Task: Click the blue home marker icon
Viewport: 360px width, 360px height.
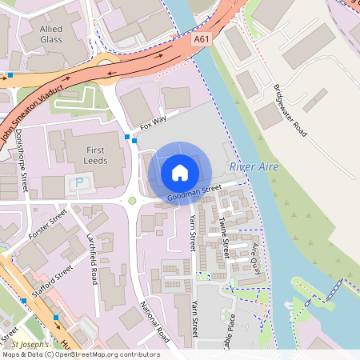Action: [x=180, y=172]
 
